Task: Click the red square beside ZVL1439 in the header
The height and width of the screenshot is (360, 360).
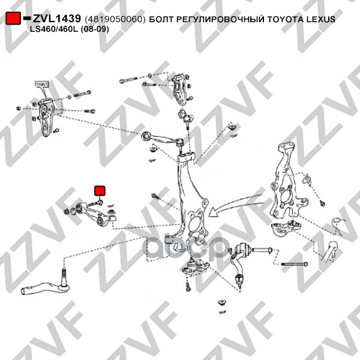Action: point(13,19)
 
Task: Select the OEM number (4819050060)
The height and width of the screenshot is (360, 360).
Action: point(115,20)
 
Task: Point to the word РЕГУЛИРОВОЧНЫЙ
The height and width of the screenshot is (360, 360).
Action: point(220,20)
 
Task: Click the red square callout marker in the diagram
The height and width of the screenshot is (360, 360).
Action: point(100,190)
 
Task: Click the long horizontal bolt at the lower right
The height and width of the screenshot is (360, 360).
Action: point(294,265)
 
